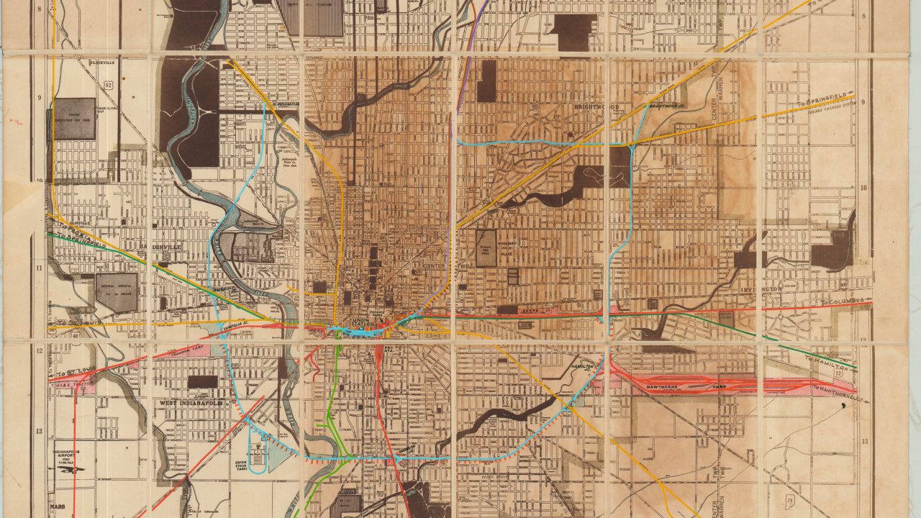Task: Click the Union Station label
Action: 364,322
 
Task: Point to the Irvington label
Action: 760,288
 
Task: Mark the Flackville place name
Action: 83,63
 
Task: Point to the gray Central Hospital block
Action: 117,292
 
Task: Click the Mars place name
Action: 58,506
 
